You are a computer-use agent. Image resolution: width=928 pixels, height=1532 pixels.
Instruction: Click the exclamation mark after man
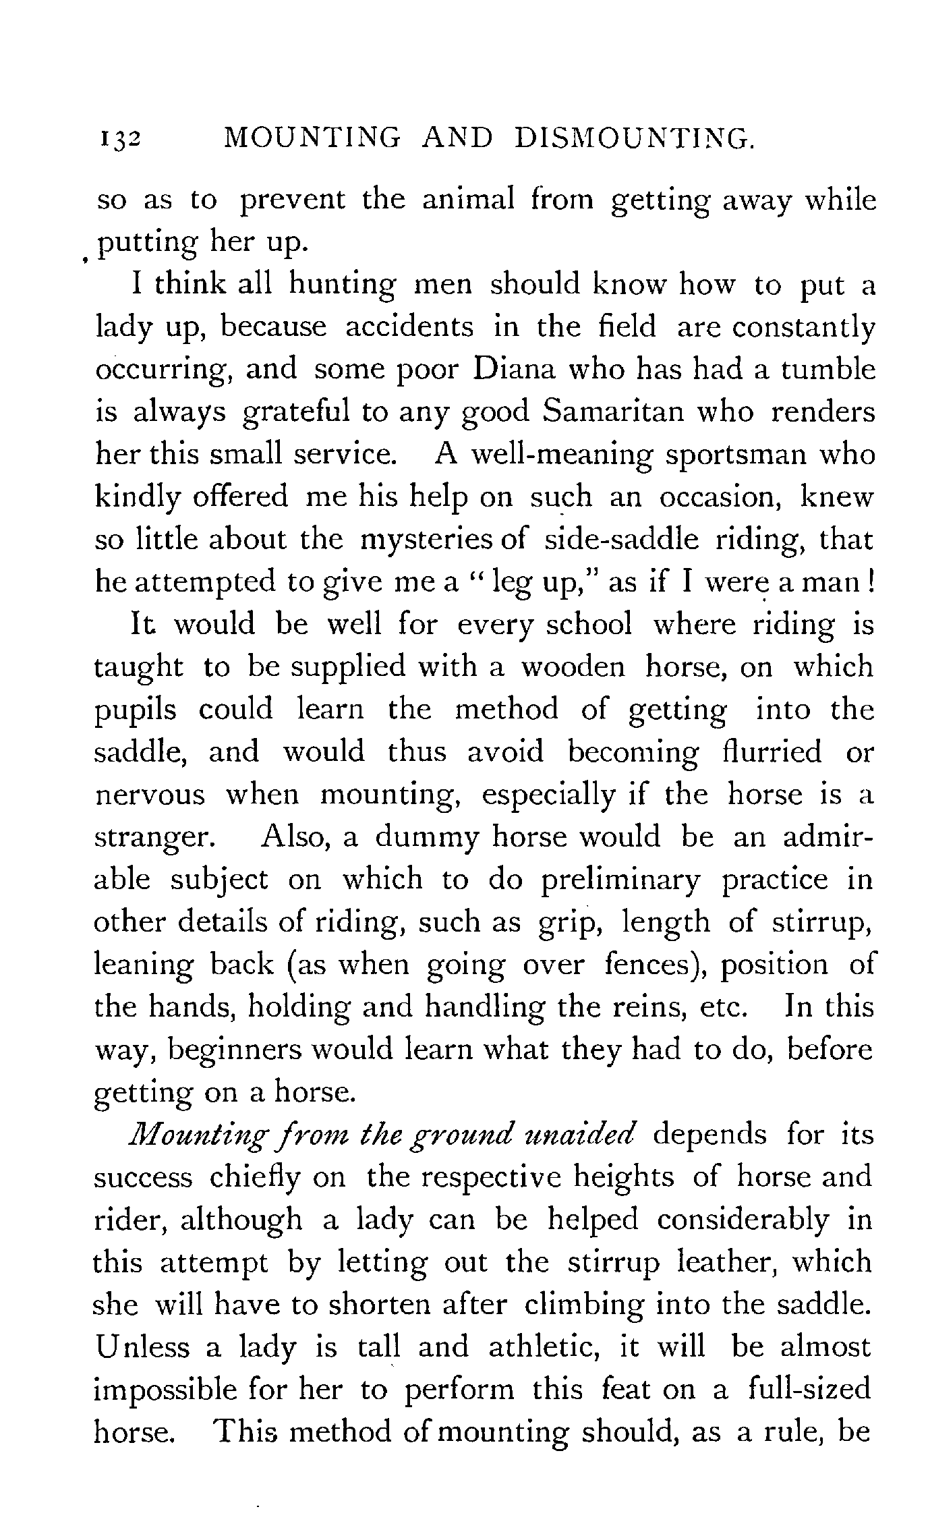coord(871,581)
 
